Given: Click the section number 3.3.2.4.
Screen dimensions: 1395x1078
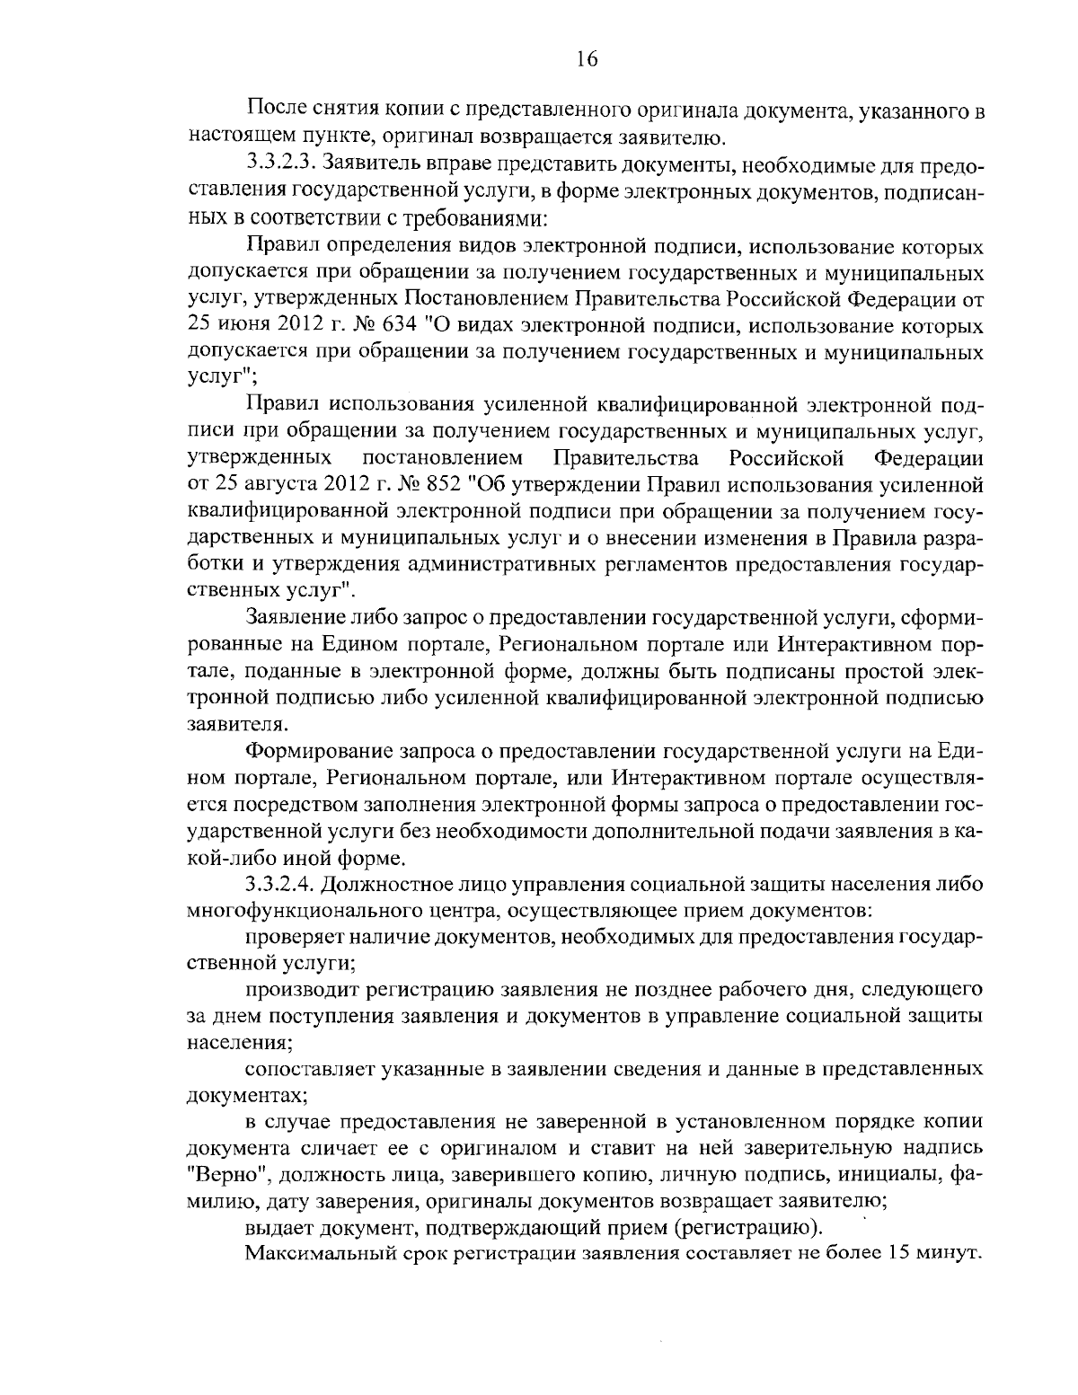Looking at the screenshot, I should [279, 883].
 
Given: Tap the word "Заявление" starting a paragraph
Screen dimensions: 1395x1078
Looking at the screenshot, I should [294, 618].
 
